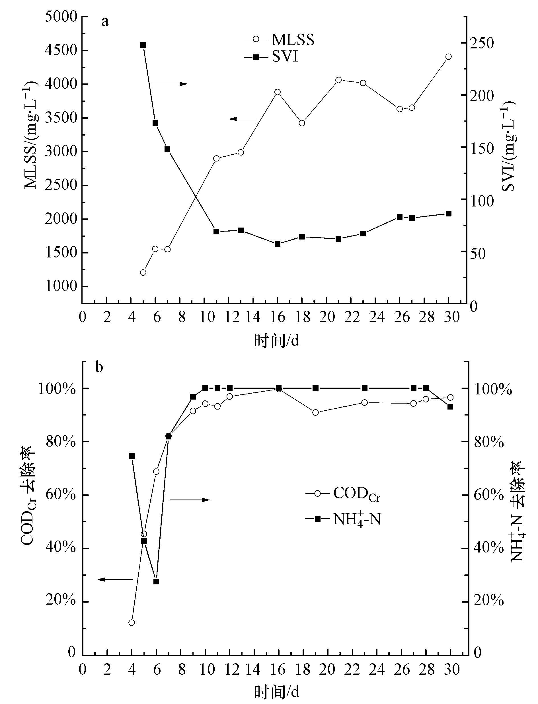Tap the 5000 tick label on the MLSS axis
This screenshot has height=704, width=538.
pyautogui.click(x=61, y=17)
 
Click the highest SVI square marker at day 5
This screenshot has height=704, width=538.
pyautogui.click(x=143, y=45)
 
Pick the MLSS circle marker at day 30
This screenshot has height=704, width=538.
pyautogui.click(x=449, y=57)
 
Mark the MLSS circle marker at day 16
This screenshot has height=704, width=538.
pyautogui.click(x=278, y=92)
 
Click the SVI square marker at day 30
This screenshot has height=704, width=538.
pyautogui.click(x=449, y=214)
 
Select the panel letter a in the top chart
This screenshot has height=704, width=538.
pyautogui.click(x=105, y=22)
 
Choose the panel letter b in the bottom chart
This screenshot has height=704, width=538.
pyautogui.click(x=99, y=368)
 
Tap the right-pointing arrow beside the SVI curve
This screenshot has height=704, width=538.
pyautogui.click(x=169, y=84)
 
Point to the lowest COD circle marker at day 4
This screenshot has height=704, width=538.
pyautogui.click(x=132, y=623)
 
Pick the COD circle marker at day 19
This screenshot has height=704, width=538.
pyautogui.click(x=315, y=412)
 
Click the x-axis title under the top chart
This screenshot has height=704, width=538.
pyautogui.click(x=276, y=340)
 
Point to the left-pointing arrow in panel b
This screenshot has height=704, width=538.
pyautogui.click(x=115, y=579)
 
